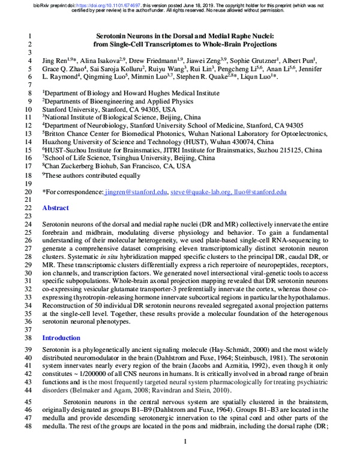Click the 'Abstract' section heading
56,208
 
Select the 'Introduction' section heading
61,337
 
